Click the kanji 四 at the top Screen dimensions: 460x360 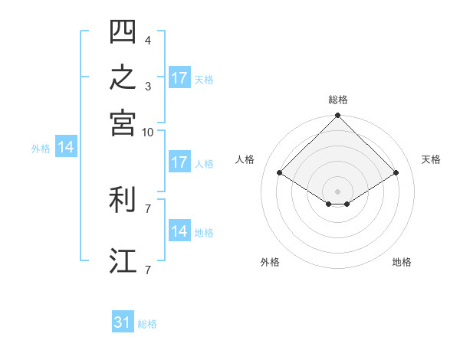123,31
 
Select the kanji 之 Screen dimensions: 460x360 123,77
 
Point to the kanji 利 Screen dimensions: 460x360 122,199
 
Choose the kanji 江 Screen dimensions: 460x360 123,260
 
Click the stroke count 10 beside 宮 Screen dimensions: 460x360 147,133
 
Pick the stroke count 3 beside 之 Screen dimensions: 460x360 148,87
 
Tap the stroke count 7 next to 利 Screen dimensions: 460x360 148,209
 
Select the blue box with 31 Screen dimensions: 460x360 123,321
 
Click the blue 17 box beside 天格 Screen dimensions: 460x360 179,77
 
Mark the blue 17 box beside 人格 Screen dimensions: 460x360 179,162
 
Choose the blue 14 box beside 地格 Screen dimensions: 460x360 179,230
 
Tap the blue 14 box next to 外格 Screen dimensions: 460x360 66,146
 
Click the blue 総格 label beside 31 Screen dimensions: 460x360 147,324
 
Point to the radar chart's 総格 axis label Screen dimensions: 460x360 338,100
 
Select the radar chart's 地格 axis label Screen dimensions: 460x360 402,262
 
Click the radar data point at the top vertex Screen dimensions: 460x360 337,115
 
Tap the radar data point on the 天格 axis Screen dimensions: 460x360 396,172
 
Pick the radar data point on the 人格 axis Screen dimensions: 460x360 280,172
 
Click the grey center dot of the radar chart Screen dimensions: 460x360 337,191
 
